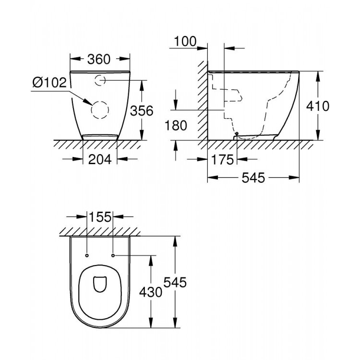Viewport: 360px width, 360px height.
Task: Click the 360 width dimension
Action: click(100, 59)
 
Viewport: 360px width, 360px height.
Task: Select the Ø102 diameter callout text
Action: click(49, 83)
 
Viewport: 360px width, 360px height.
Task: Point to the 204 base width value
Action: click(100, 159)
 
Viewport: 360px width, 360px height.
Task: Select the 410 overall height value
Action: click(319, 106)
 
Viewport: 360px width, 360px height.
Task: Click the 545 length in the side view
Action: click(253, 178)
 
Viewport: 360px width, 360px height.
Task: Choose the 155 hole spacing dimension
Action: click(100, 216)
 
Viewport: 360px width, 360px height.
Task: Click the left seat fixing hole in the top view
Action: click(87, 254)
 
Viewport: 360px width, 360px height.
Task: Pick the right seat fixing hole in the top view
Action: click(113, 254)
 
